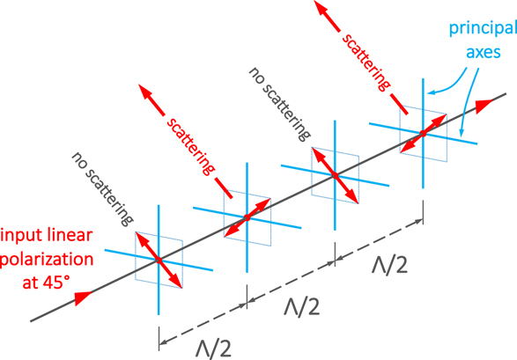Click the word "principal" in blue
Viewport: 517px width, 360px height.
coord(483,29)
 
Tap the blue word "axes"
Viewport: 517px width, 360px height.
coord(484,52)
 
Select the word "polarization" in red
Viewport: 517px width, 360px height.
coord(48,260)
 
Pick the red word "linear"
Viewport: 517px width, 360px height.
coord(73,235)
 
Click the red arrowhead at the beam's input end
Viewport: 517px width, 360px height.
coord(83,298)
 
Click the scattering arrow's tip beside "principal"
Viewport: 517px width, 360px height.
coord(314,1)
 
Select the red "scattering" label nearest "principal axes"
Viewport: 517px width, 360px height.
coord(366,62)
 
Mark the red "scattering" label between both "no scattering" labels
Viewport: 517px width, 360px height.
coord(190,146)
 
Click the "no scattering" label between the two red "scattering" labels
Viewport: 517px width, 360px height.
coord(279,104)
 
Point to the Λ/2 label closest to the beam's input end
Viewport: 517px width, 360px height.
coord(213,348)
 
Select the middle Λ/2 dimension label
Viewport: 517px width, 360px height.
coord(302,306)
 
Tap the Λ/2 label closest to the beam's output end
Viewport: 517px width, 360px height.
coord(389,264)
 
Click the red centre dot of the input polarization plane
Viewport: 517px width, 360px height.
coord(159,261)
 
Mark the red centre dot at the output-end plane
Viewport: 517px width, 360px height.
coord(423,134)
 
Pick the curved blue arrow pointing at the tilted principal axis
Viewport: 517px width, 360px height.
coord(467,102)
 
